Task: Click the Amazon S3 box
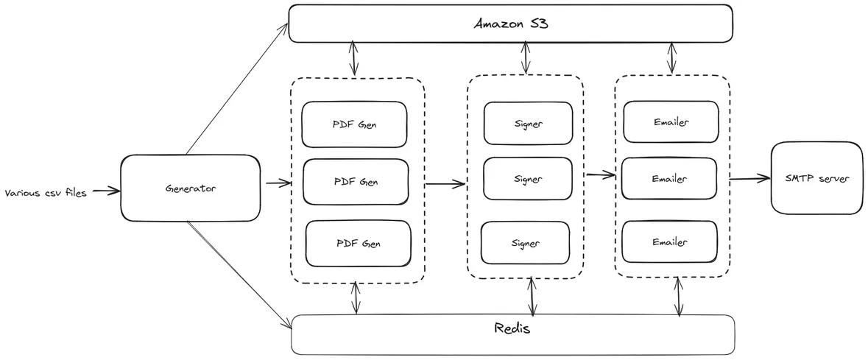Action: coord(510,24)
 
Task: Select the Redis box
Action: coord(513,335)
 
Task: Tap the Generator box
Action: coord(190,188)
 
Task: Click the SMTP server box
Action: coord(816,179)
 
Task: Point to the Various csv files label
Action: coord(46,193)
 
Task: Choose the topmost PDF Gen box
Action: coord(355,124)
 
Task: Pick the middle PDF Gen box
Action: coord(356,182)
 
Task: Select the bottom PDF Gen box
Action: coord(359,244)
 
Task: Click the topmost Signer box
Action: coord(528,123)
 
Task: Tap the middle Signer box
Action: coord(527,179)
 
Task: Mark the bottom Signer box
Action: coord(526,243)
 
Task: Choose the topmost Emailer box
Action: coord(670,122)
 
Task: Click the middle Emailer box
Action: coord(669,178)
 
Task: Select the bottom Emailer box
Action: coord(669,241)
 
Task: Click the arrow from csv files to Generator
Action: coord(106,191)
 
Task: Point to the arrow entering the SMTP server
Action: coord(749,179)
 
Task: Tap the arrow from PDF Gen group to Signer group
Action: coord(446,183)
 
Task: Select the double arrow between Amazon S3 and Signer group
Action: coord(525,57)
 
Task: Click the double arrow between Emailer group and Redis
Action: coord(678,297)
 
